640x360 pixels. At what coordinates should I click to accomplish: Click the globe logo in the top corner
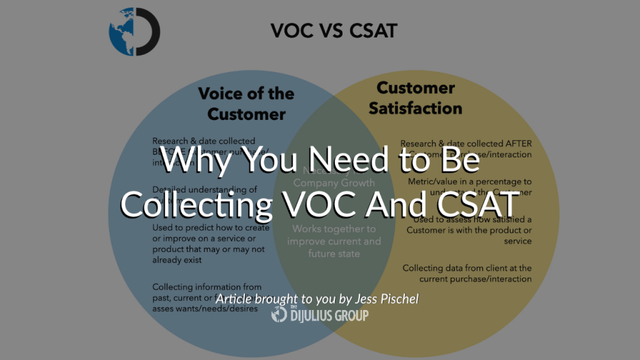click(134, 32)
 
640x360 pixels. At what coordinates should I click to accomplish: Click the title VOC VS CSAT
click(334, 31)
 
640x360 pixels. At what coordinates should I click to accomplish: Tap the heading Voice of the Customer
click(246, 104)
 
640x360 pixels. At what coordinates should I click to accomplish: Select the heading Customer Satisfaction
click(416, 98)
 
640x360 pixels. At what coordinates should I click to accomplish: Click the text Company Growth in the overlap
click(334, 183)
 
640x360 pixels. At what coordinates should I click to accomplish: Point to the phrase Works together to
click(334, 229)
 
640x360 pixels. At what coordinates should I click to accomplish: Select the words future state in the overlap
click(334, 254)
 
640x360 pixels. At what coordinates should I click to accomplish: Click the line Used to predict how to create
click(211, 228)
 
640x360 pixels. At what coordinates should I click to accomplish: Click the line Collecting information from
click(207, 287)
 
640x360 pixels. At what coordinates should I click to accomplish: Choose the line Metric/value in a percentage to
click(469, 181)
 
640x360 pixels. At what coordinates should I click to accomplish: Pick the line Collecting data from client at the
click(467, 268)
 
